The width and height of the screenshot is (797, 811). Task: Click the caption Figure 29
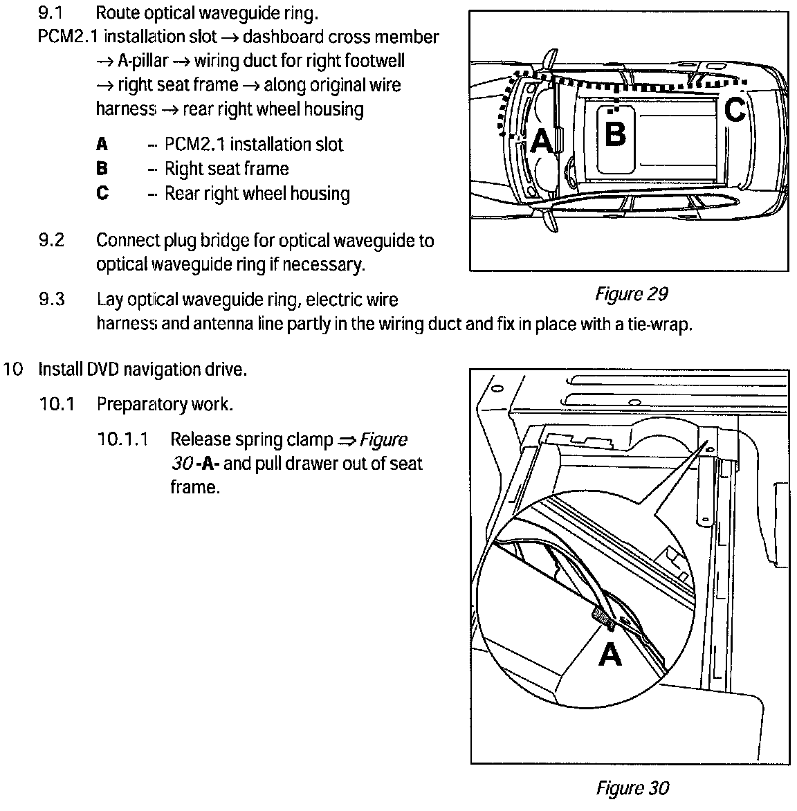(631, 294)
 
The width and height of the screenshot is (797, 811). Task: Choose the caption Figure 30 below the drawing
(632, 788)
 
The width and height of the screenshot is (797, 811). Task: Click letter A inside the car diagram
(542, 141)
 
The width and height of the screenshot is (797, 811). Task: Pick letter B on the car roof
(615, 134)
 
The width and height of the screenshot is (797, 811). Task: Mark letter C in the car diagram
(735, 109)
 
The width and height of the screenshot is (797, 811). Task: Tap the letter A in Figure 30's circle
(610, 653)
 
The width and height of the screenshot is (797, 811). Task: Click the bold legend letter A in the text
(102, 145)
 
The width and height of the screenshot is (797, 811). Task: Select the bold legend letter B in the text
(102, 169)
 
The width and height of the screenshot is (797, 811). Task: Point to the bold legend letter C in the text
(102, 193)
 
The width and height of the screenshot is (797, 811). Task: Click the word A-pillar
(142, 61)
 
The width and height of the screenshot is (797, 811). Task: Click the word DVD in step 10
(103, 370)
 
